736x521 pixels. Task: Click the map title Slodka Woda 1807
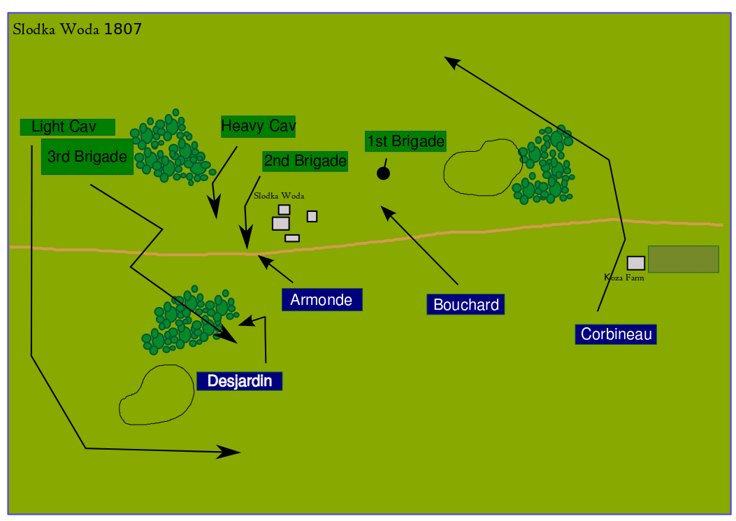click(x=77, y=29)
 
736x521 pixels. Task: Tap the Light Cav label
click(x=67, y=127)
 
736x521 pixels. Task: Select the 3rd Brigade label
click(x=87, y=157)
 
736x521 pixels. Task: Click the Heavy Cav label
click(x=258, y=127)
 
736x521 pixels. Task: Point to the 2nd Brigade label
click(x=305, y=162)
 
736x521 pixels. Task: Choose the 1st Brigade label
click(x=405, y=141)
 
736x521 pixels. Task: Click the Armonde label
click(x=322, y=300)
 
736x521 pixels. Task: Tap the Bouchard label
click(x=466, y=305)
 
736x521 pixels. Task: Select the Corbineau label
click(x=616, y=334)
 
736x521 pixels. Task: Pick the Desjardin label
click(x=239, y=381)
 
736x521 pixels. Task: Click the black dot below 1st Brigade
click(x=383, y=173)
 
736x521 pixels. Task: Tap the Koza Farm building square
click(x=635, y=263)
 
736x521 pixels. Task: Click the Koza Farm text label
click(x=623, y=278)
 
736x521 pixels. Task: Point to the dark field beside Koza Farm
click(x=683, y=259)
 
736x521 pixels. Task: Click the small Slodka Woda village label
click(x=279, y=196)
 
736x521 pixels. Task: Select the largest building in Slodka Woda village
click(x=280, y=223)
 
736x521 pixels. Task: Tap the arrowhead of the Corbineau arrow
click(x=452, y=62)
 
